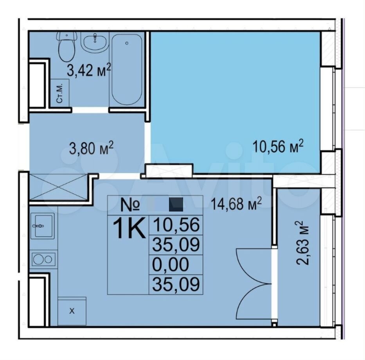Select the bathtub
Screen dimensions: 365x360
(x=127, y=70)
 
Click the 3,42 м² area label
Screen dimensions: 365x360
(x=89, y=70)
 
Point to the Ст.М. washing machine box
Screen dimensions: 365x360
(x=60, y=93)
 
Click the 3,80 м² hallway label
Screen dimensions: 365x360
(x=91, y=148)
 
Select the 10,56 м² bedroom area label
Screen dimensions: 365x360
(x=278, y=147)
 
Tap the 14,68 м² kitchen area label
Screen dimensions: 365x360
(x=236, y=204)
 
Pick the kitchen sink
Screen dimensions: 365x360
(x=42, y=226)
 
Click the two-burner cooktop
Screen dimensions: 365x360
(x=43, y=259)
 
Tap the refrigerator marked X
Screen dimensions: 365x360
(x=72, y=311)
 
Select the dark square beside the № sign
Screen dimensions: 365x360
(x=176, y=204)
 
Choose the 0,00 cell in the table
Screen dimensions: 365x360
(x=171, y=265)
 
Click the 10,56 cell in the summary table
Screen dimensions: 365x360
(x=176, y=225)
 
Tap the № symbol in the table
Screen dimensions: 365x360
(x=130, y=204)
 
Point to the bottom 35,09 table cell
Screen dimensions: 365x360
(x=176, y=284)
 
